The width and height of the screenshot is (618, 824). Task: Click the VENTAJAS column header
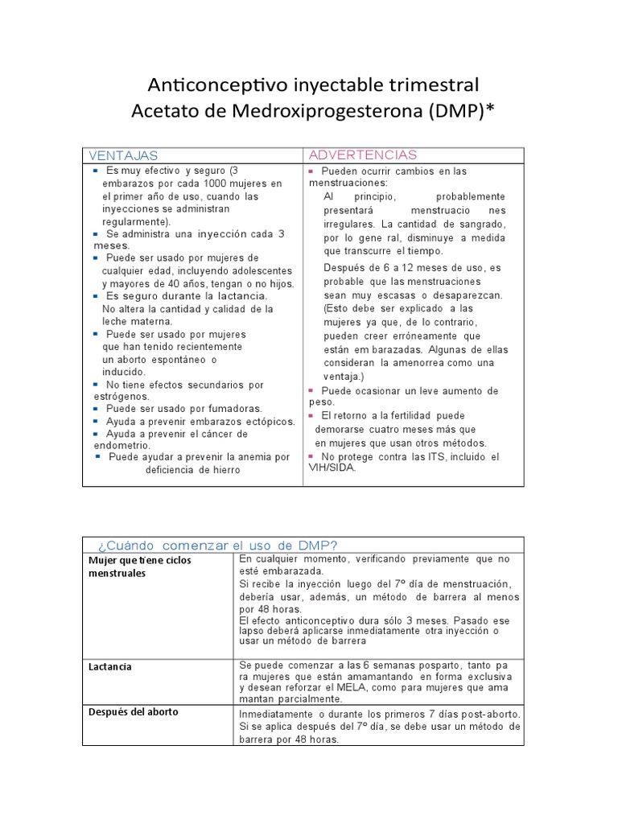click(x=123, y=155)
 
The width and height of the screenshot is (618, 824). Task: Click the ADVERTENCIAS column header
click(x=363, y=154)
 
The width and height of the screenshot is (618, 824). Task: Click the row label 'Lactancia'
click(x=111, y=667)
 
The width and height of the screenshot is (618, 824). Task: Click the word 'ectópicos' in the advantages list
click(x=270, y=422)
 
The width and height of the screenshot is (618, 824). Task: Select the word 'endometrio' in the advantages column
click(x=122, y=444)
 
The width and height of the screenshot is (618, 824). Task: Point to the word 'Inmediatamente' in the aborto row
click(x=274, y=715)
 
